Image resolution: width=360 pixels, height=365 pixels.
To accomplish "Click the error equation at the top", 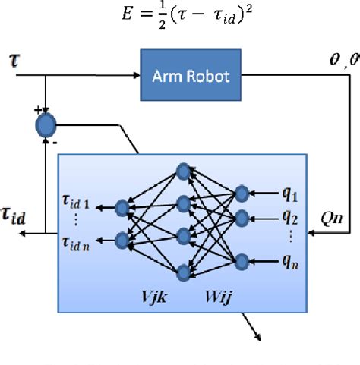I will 180,15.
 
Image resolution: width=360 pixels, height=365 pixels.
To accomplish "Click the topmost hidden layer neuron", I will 182,171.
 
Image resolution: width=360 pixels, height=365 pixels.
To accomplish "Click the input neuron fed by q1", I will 242,193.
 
